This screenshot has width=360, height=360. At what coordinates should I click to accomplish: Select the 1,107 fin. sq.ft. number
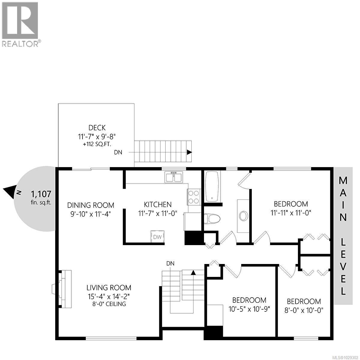[x=41, y=194]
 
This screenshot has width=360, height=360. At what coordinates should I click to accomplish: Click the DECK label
[x=97, y=128]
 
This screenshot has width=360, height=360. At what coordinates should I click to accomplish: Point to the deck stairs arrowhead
[x=189, y=152]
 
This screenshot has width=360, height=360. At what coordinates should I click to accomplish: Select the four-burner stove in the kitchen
[x=194, y=197]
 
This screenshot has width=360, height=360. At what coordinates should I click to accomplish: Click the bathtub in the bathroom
[x=213, y=186]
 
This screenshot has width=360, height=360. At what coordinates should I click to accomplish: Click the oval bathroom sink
[x=243, y=215]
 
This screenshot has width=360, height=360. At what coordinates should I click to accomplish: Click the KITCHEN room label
[x=158, y=205]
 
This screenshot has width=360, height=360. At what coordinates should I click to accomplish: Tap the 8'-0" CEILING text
[x=109, y=304]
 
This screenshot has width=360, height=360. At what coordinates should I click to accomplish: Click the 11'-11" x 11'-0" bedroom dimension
[x=291, y=213]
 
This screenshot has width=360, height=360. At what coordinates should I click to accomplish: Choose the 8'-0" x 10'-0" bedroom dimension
[x=304, y=310]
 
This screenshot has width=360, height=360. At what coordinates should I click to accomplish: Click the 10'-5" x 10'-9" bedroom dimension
[x=249, y=309]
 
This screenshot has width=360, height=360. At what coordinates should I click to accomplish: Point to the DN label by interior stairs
[x=170, y=263]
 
